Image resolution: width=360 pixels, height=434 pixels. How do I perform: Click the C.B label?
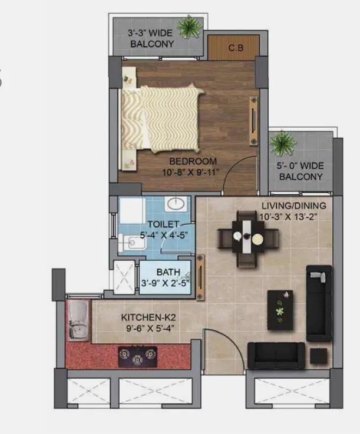pos(236,48)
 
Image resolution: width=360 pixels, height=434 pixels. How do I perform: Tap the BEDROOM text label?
pos(193,161)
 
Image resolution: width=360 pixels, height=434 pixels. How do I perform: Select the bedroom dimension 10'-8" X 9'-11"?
pos(190,172)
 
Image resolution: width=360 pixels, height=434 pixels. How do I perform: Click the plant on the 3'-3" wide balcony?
pos(189,27)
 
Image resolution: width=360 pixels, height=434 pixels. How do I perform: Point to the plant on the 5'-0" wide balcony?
pos(282,143)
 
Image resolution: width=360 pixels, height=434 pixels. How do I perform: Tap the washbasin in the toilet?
pos(176,204)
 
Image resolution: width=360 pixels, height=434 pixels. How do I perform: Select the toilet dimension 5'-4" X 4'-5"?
pos(164,235)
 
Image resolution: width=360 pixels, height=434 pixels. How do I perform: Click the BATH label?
pos(169,272)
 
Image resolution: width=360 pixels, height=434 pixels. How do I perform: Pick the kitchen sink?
pos(78,320)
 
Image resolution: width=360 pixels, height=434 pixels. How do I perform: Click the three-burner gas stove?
pos(138,357)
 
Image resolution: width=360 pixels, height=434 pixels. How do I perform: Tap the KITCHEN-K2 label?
pos(148,317)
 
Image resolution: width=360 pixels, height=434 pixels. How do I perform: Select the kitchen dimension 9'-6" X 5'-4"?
pos(150,328)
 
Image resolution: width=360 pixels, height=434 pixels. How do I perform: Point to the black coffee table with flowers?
pos(280,310)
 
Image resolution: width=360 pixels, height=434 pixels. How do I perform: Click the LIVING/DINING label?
pos(294,206)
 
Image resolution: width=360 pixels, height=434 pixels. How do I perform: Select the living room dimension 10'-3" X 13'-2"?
pos(288,217)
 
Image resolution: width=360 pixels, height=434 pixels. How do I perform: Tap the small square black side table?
pos(319,356)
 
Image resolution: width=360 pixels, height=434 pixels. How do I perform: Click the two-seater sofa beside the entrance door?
pos(276,356)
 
